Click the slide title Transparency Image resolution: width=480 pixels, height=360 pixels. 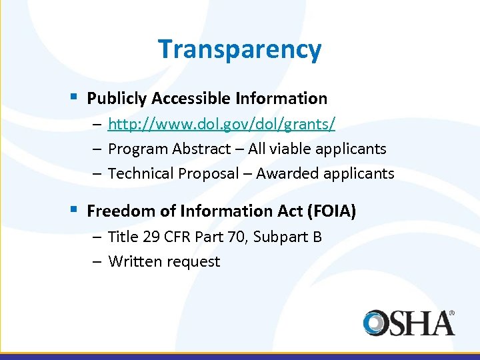point(240,49)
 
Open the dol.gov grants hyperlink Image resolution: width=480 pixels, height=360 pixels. point(221,124)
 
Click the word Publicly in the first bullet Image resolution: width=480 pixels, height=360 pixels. point(117,99)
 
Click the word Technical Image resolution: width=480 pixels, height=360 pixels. point(139,174)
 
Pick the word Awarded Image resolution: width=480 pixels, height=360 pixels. point(287,174)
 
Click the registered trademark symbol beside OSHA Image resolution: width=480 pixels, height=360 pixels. point(451,312)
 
